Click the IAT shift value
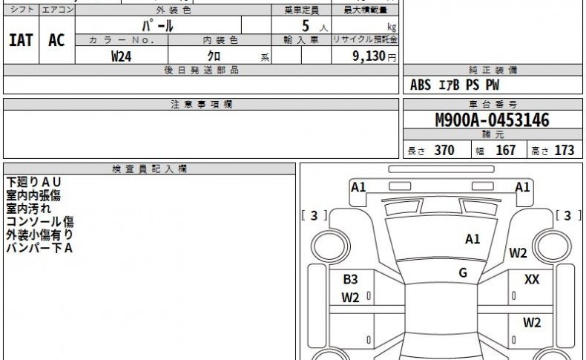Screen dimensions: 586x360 [x=21, y=40]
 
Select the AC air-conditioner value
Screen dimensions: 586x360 [x=56, y=40]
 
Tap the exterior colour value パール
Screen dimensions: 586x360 [x=158, y=26]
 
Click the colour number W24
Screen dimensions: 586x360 [x=121, y=56]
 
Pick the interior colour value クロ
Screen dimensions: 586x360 [x=214, y=56]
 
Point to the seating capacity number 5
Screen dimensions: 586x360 [x=306, y=26]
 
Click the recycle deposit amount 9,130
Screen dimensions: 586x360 [x=369, y=56]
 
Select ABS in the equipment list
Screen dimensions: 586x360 [x=421, y=85]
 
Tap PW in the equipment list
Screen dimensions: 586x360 [x=493, y=85]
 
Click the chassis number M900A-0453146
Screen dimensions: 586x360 [x=493, y=120]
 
